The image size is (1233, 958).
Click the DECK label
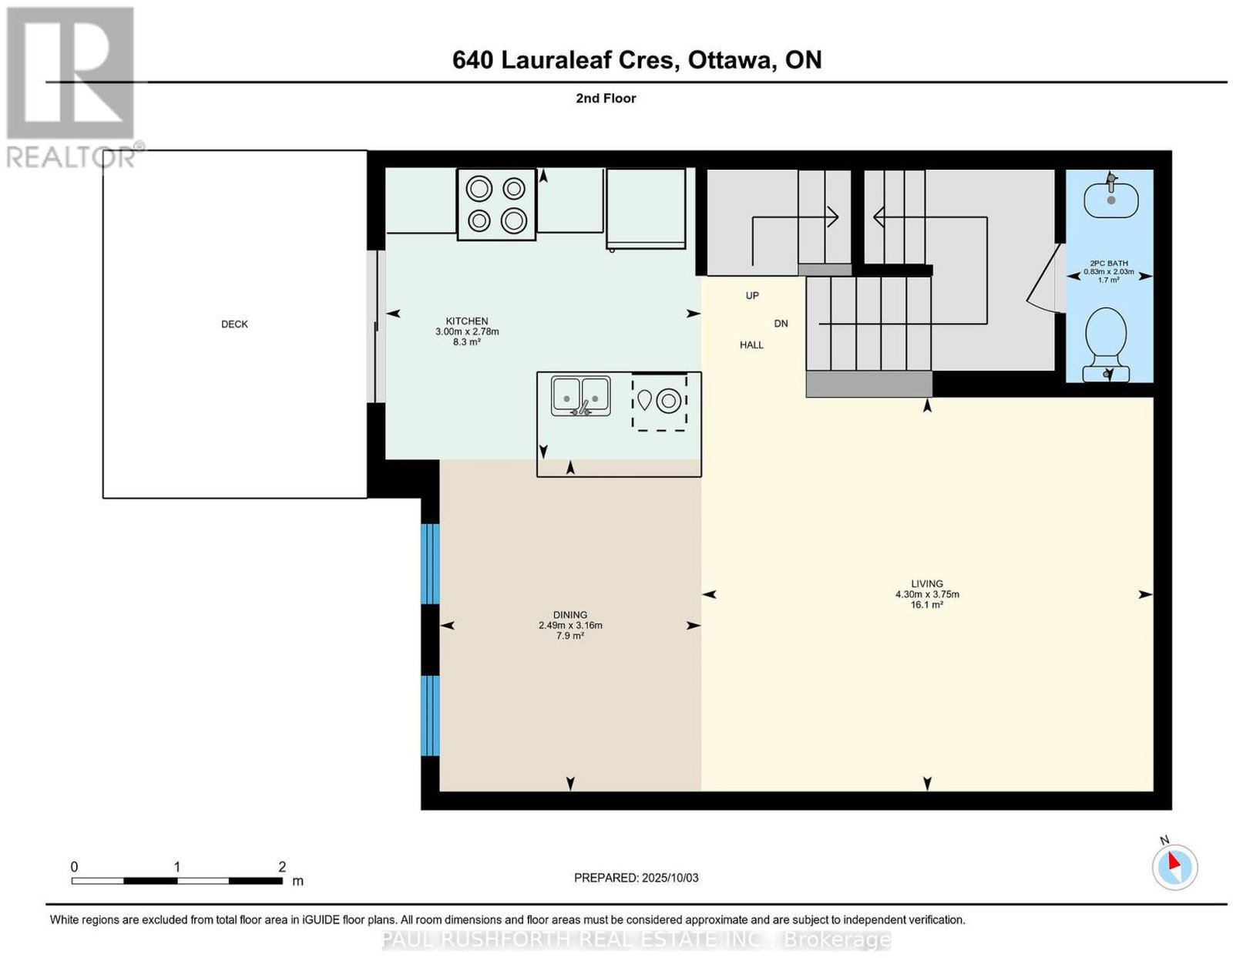[234, 324]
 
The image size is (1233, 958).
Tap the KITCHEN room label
[467, 321]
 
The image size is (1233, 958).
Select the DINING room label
[570, 615]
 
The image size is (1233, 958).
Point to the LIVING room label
[927, 583]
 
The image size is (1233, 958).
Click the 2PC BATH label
[1109, 263]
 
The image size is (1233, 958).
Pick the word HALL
[751, 345]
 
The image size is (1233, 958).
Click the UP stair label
[752, 295]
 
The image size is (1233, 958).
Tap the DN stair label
[781, 323]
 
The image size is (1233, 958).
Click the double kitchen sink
[581, 396]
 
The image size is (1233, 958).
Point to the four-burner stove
[496, 204]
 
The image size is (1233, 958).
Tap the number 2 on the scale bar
[282, 867]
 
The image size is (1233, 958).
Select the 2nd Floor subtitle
[606, 98]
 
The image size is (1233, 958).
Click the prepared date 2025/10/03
[670, 878]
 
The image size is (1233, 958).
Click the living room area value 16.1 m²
[927, 605]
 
